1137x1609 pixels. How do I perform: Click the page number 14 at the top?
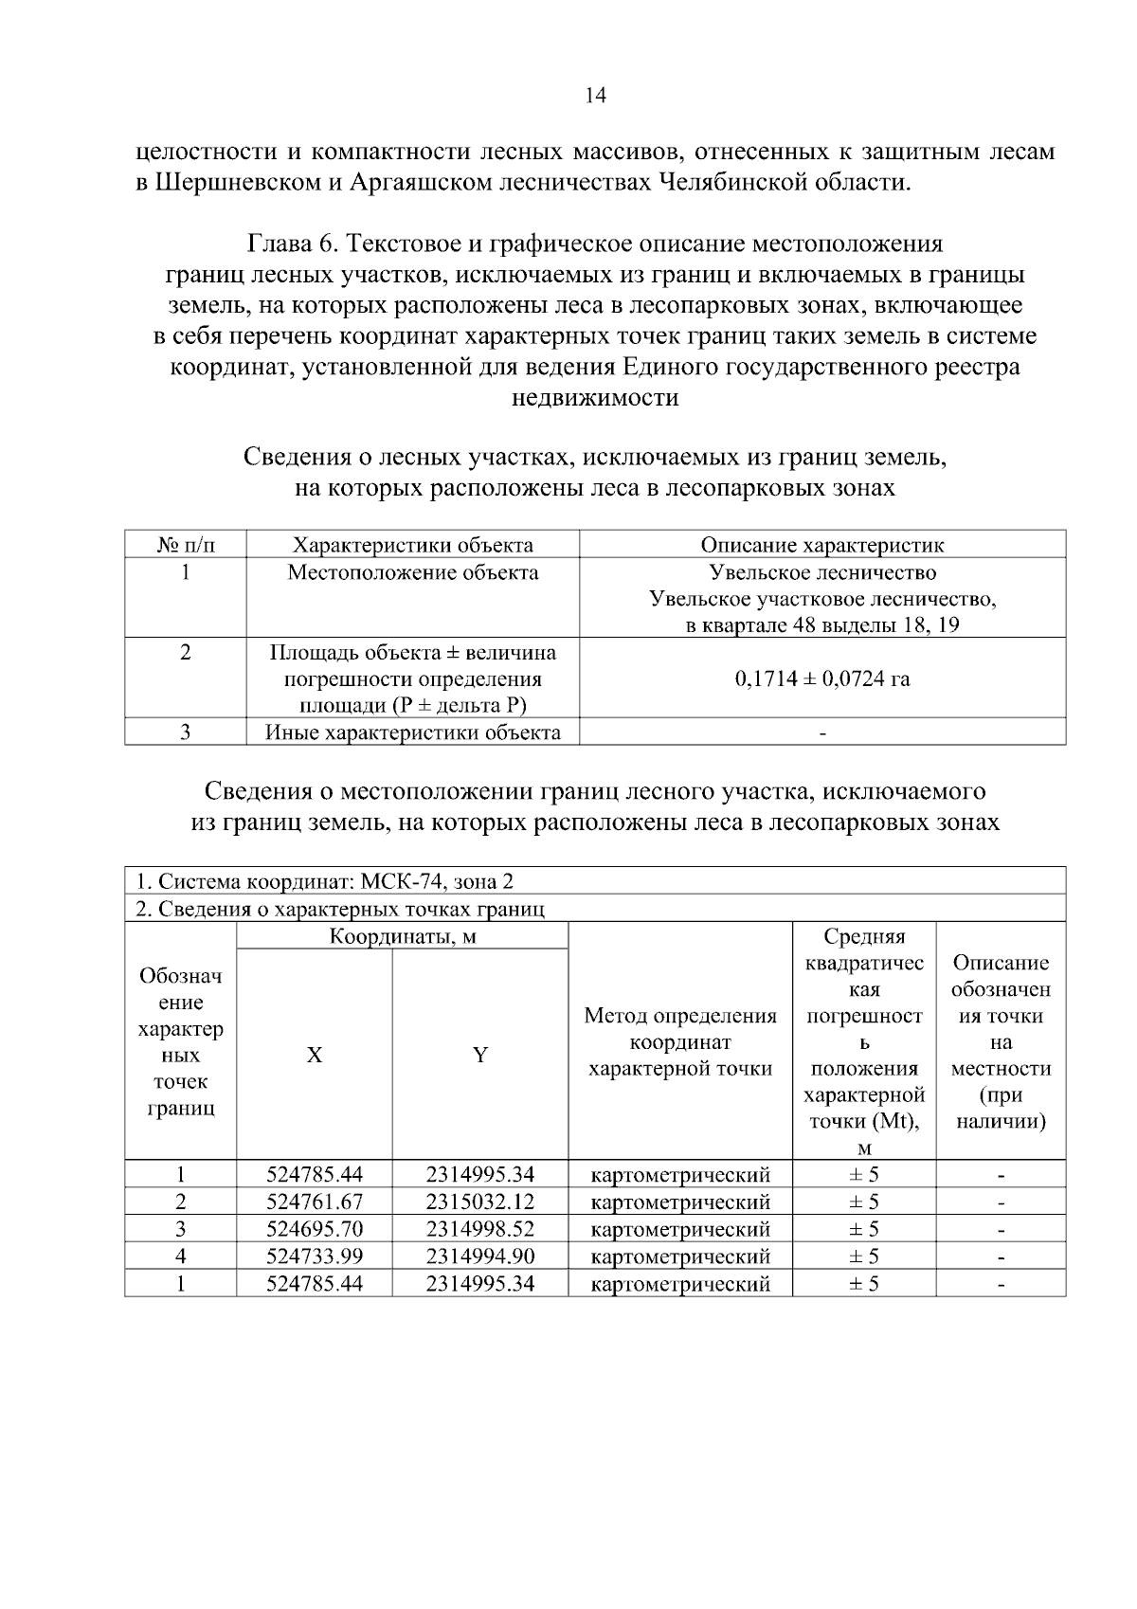pos(596,96)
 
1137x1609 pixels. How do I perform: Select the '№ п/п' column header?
pos(186,545)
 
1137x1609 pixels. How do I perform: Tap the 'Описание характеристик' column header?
pos(821,545)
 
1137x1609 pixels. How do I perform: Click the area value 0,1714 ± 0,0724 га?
pos(821,678)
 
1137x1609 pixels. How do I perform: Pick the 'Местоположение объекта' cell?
pos(413,572)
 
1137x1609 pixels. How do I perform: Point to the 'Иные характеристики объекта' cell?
pos(413,732)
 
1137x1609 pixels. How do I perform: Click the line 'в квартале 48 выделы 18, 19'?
pos(821,626)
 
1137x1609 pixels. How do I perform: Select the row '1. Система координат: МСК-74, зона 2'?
pos(324,881)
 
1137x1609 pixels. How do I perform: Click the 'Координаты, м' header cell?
pos(402,937)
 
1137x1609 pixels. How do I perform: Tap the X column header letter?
pos(315,1055)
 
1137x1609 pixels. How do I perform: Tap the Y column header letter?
pos(480,1055)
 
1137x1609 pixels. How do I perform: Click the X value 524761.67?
pos(315,1202)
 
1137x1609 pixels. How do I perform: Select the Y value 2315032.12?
pos(480,1202)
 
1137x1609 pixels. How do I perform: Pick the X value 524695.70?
pos(315,1230)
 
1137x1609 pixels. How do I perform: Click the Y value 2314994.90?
pos(480,1256)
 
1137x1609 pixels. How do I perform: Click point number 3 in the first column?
pos(180,1230)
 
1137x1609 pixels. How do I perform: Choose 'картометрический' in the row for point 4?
pos(679,1257)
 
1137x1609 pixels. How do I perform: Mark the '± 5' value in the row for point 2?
pos(863,1202)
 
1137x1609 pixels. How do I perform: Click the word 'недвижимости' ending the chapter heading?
pos(595,398)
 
